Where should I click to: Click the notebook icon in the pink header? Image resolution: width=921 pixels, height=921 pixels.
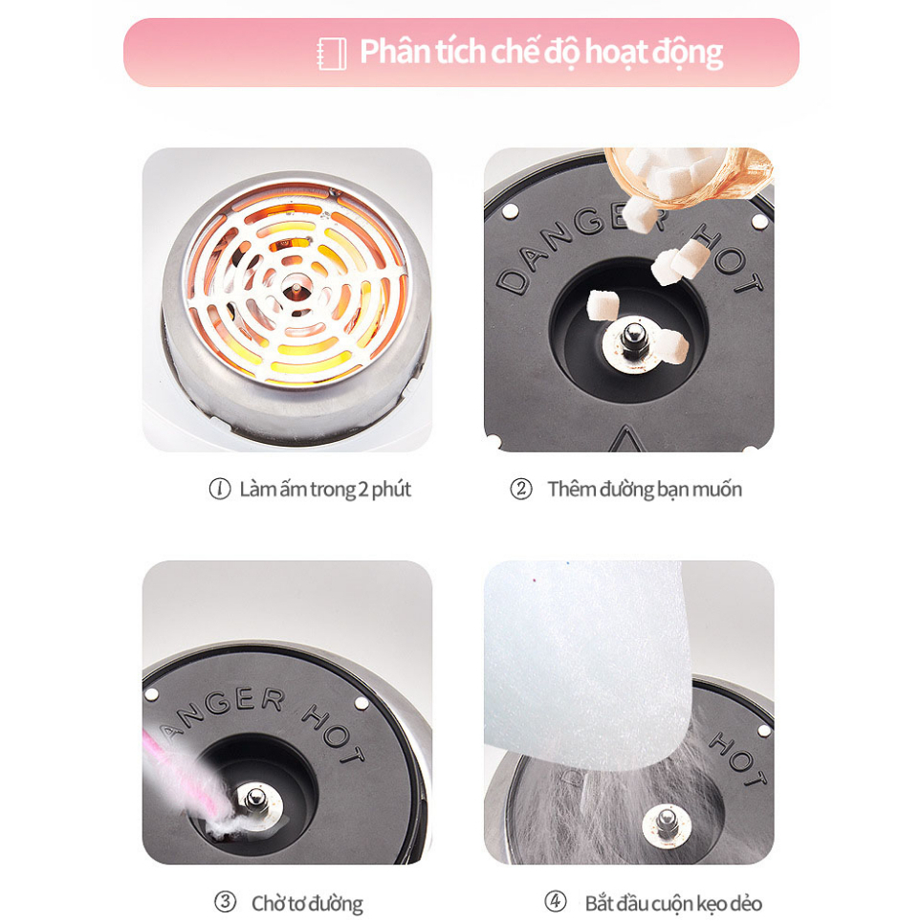(331, 53)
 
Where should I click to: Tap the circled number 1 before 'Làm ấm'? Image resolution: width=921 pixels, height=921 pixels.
(220, 489)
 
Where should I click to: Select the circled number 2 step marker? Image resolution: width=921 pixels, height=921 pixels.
(520, 490)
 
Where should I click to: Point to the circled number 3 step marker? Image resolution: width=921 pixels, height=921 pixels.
(225, 902)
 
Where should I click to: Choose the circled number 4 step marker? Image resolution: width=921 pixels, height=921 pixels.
(555, 902)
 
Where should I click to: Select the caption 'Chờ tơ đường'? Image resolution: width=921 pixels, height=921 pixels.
(307, 903)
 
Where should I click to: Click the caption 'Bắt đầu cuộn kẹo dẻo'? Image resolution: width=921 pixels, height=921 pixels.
(673, 903)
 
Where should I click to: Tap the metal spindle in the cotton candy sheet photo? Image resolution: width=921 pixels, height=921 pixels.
(667, 820)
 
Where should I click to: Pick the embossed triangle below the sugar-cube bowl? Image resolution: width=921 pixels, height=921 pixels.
(629, 437)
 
